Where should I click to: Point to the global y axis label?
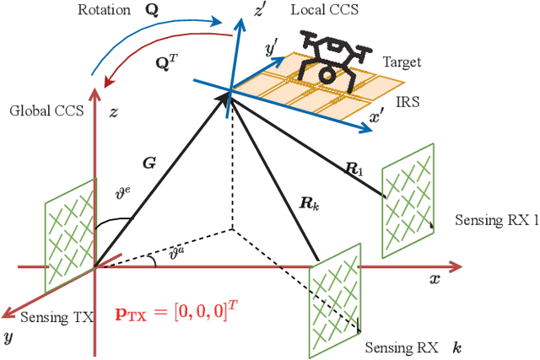9,336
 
